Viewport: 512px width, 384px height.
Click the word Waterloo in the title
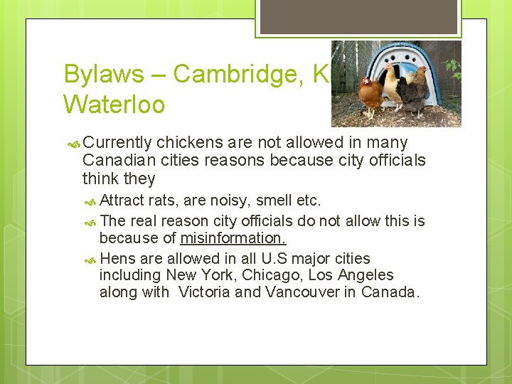pos(114,105)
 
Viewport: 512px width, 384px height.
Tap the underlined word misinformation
pos(233,238)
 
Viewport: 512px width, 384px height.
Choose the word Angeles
pos(365,275)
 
